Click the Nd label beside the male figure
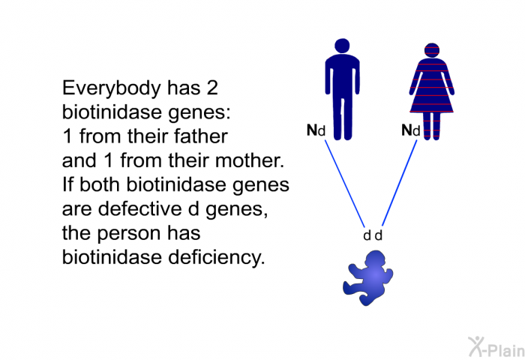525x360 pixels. pos(316,131)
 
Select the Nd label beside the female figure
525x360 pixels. pos(410,131)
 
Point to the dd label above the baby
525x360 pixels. pos(373,235)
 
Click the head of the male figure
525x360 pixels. pos(342,47)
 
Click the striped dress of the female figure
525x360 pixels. pos(432,90)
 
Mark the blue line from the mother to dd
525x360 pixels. pos(400,180)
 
